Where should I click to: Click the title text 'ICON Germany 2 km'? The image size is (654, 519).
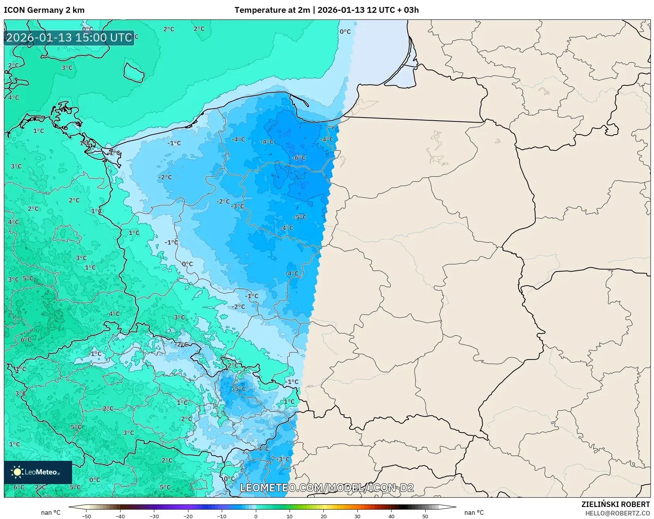coord(44,10)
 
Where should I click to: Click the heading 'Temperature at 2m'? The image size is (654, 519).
coord(272,10)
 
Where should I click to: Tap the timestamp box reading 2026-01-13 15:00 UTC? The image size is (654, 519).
coord(69,38)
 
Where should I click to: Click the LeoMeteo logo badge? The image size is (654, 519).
coord(38,472)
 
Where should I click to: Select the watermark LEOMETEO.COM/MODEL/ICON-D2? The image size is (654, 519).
coord(326,488)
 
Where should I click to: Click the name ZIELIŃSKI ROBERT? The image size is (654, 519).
coord(615,504)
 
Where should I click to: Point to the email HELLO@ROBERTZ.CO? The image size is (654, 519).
coord(617,513)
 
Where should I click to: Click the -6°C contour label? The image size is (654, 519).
coord(299,158)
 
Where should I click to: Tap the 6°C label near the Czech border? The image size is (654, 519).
coord(26,340)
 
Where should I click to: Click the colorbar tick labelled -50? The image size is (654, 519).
coord(86,516)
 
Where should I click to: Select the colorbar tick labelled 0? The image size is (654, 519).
coord(256,516)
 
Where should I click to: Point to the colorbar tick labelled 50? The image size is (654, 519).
coord(425,516)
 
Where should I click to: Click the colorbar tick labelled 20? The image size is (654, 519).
coord(323,516)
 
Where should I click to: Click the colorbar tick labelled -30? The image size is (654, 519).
coord(154,516)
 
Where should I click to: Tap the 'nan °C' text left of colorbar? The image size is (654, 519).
coord(51,512)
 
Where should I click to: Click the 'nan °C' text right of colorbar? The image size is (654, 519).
coord(474,512)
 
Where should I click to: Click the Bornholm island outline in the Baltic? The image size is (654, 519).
coord(134,72)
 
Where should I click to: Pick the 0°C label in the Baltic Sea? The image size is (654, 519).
coord(345,31)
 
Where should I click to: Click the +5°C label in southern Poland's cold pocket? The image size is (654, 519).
coord(239,389)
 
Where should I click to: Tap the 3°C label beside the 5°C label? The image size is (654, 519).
coord(13,279)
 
